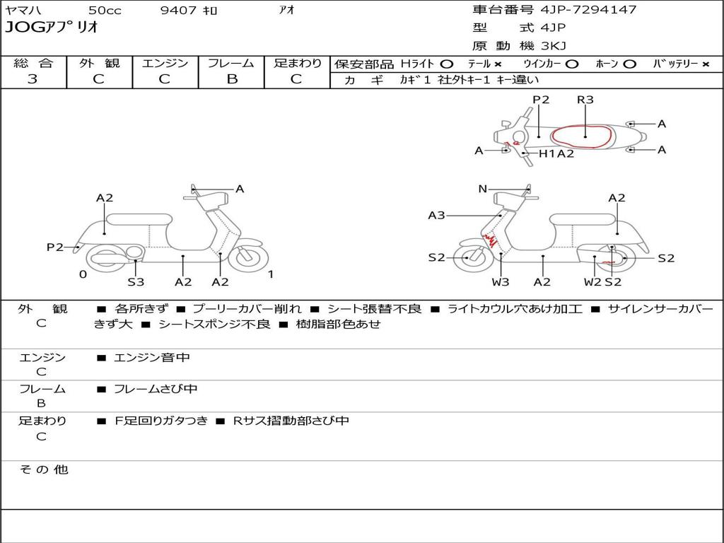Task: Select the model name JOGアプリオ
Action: [52, 28]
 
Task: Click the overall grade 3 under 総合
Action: [33, 79]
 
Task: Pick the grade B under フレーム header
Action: [232, 79]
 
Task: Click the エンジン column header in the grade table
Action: [165, 63]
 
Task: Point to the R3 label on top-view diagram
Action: [585, 100]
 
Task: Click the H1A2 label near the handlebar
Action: [556, 153]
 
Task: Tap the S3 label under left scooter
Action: [136, 282]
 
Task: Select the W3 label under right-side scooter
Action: [501, 282]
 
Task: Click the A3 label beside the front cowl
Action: [436, 215]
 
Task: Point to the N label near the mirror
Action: [482, 189]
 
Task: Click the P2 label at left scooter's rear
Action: [54, 247]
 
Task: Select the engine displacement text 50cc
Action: [105, 11]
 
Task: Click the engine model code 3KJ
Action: [553, 46]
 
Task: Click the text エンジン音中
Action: [152, 358]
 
